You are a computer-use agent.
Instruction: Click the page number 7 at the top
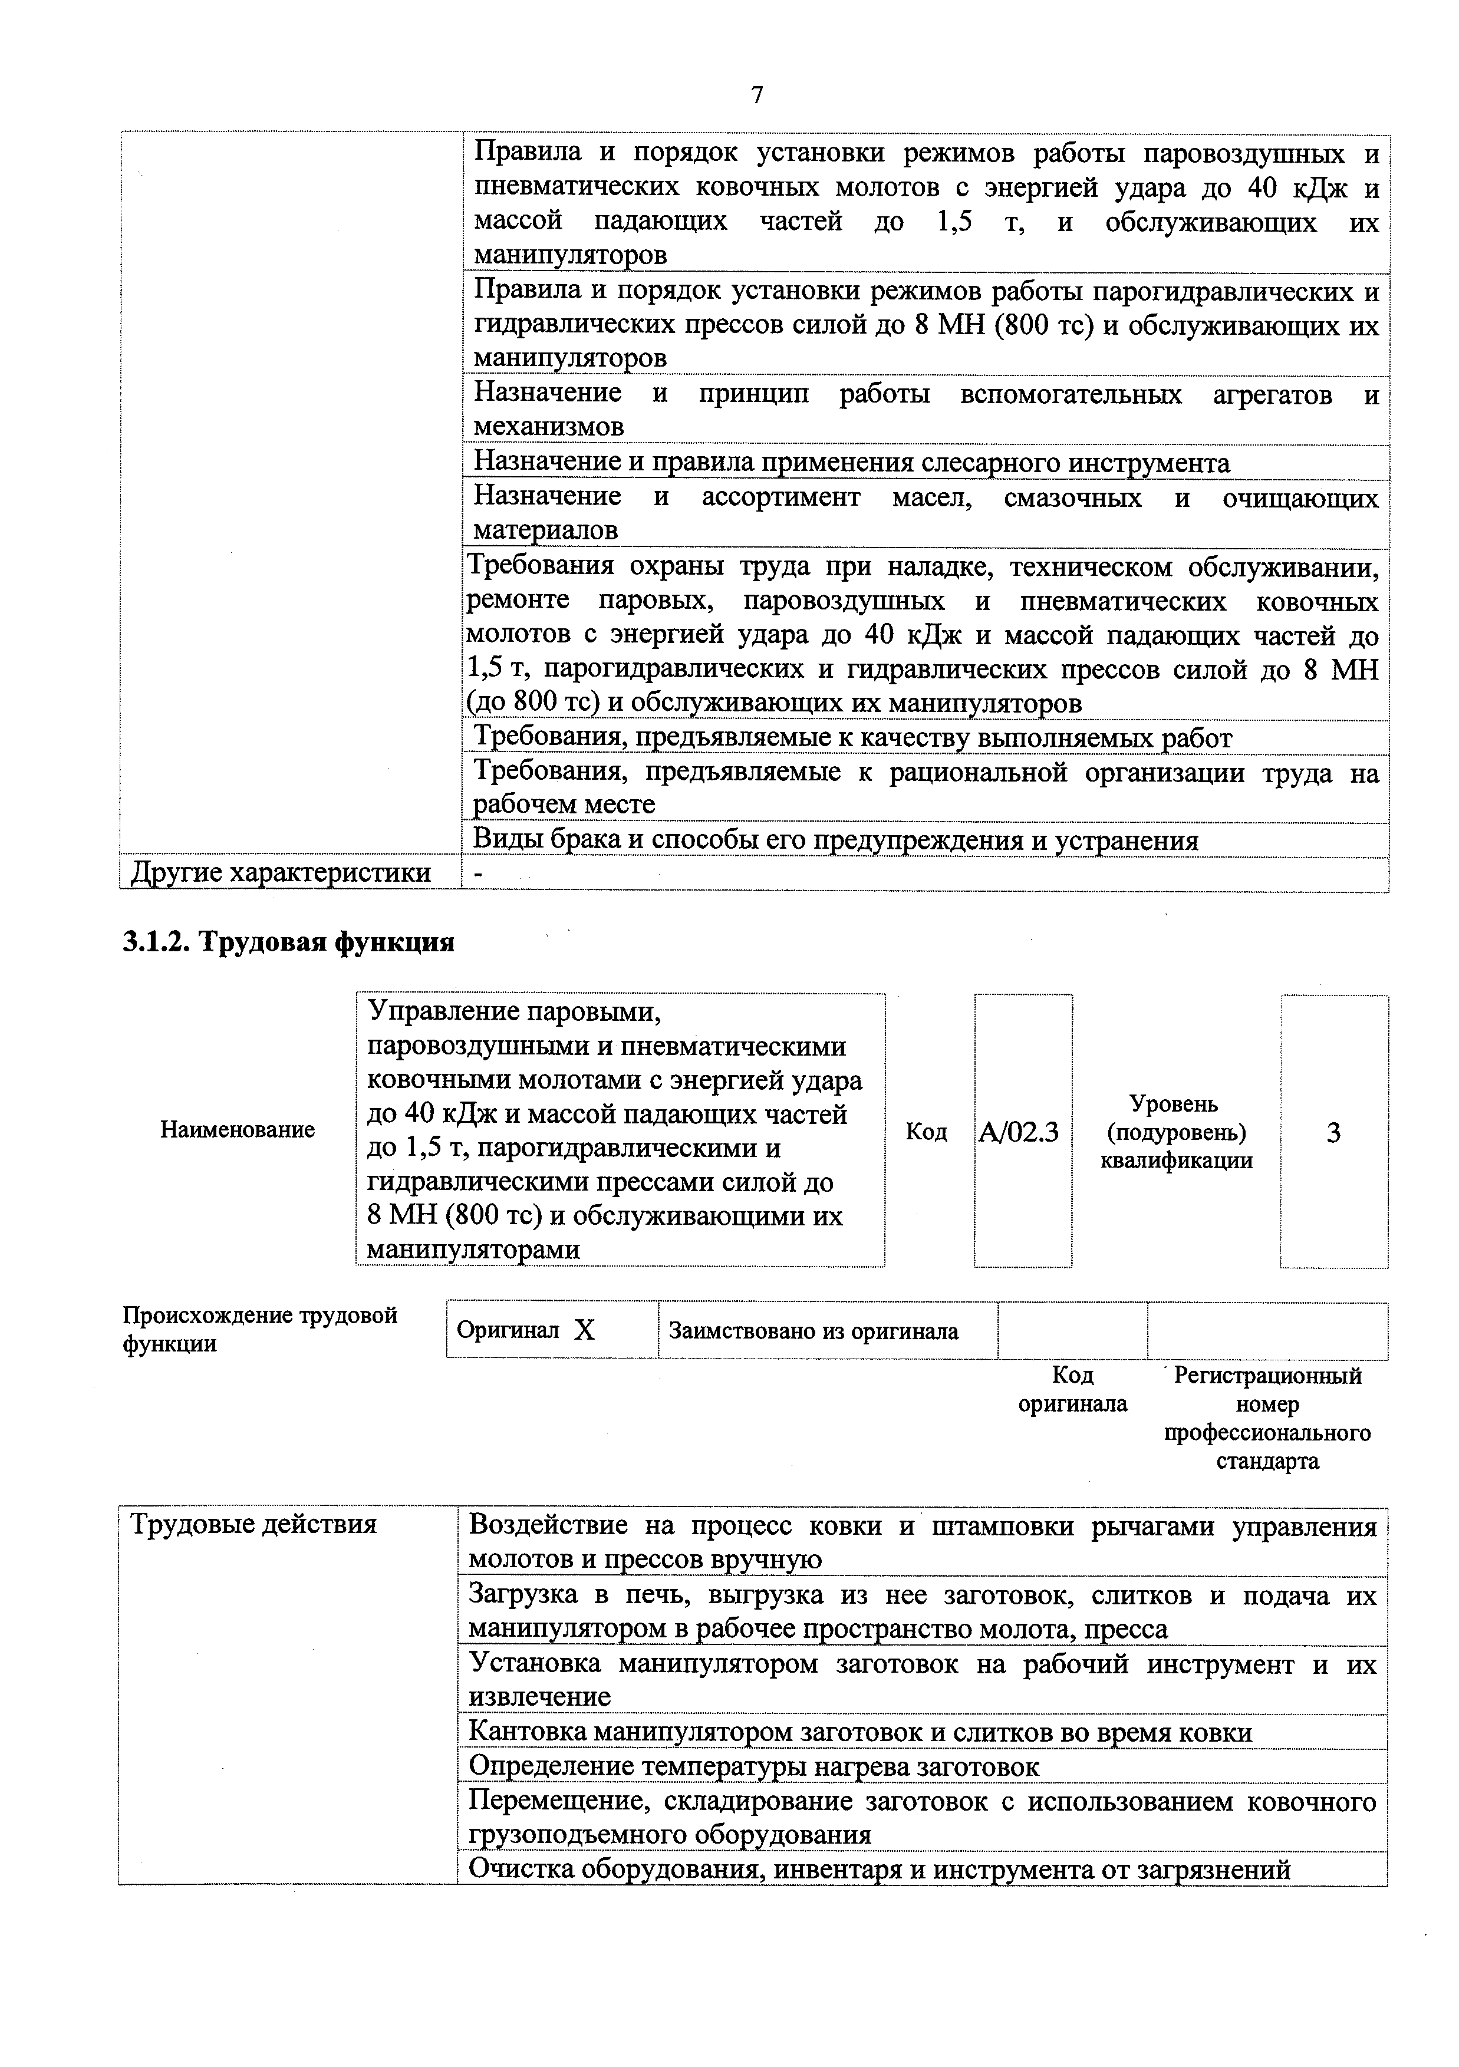click(756, 95)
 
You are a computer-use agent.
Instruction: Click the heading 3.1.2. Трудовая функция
click(288, 942)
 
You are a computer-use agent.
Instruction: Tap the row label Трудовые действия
click(253, 1525)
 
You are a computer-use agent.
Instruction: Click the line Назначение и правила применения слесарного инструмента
click(851, 463)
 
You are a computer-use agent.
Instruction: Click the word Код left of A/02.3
click(926, 1132)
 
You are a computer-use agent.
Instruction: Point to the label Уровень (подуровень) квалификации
click(1175, 1132)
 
